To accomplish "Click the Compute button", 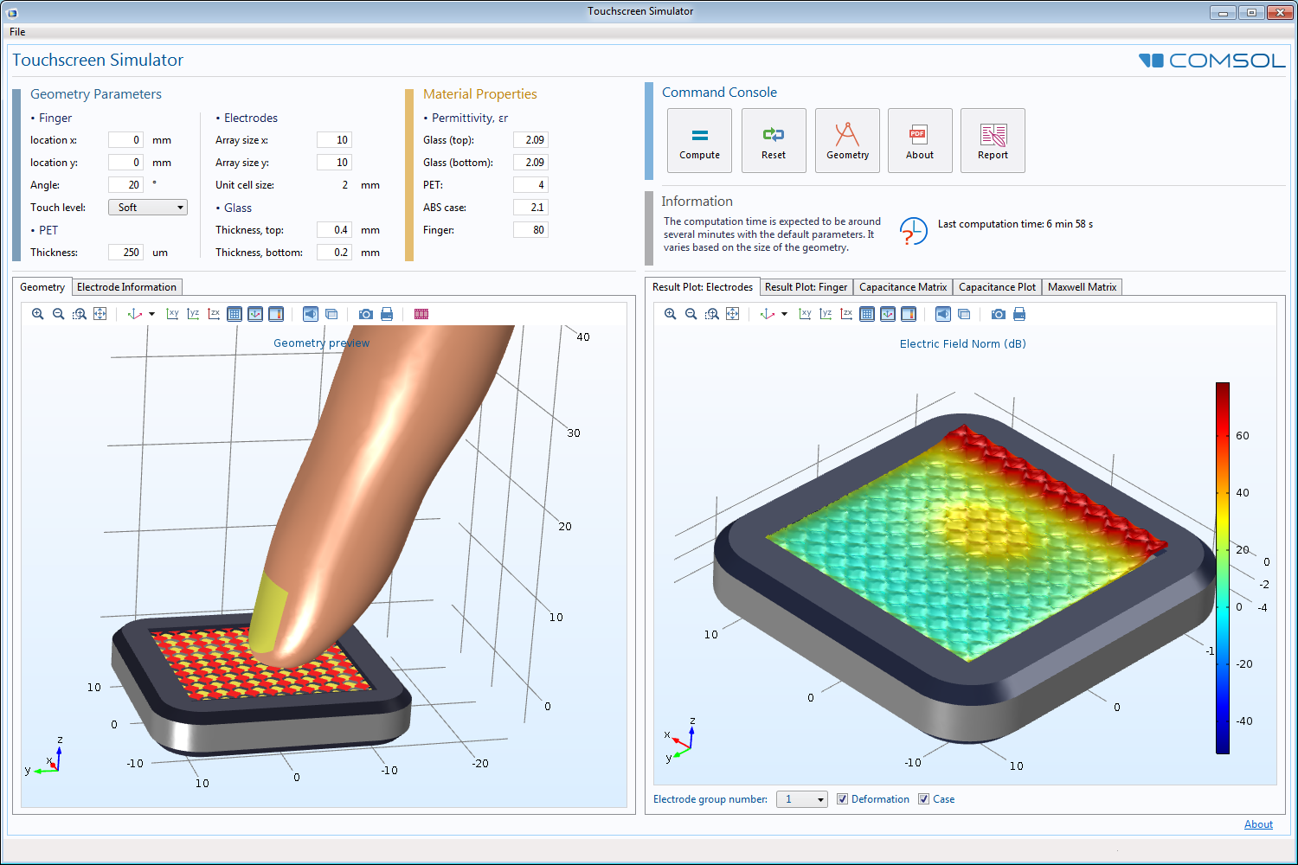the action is click(699, 140).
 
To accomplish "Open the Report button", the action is click(993, 140).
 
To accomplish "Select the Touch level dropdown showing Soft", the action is click(148, 208).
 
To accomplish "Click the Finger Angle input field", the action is click(125, 185).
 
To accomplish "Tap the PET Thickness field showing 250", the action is click(125, 253).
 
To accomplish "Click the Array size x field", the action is click(334, 139).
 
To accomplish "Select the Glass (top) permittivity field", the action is click(530, 139).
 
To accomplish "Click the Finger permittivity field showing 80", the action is click(530, 230).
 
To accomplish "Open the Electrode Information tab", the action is click(126, 287).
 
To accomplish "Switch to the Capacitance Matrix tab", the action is click(903, 287).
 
